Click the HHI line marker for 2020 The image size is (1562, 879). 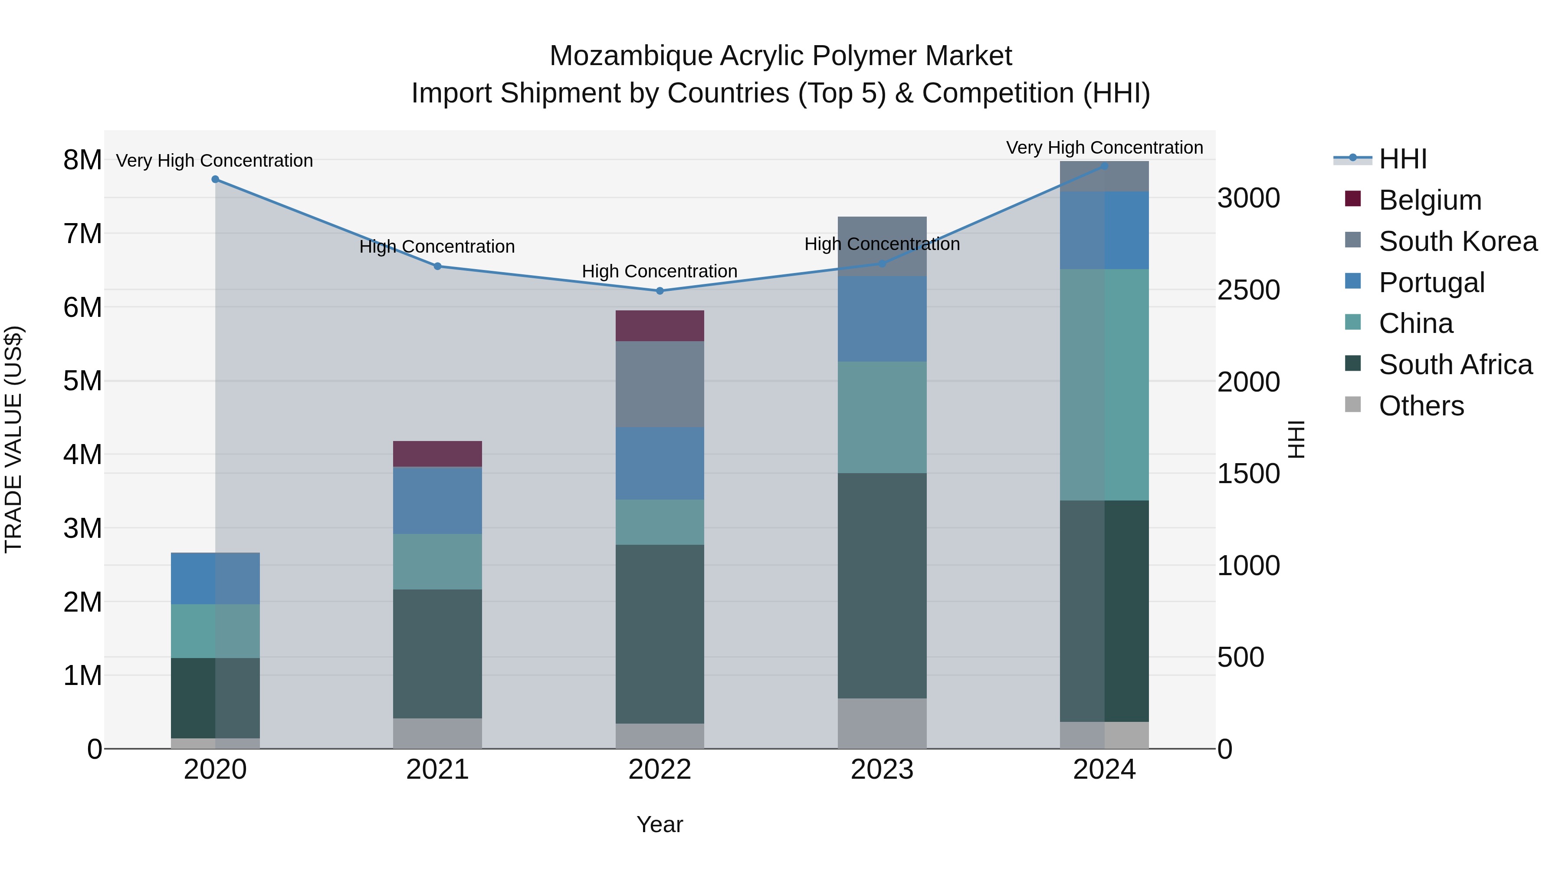(x=215, y=180)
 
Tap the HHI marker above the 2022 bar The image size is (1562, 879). (x=660, y=291)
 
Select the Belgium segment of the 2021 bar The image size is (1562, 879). (x=437, y=454)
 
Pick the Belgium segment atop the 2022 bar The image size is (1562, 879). (x=660, y=326)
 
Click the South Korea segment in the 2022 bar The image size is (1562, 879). (x=660, y=384)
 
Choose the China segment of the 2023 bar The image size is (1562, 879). (x=882, y=417)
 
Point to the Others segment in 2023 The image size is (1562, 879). (x=882, y=723)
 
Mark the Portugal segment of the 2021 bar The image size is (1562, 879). (x=437, y=500)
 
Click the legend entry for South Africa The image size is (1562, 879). (x=1455, y=365)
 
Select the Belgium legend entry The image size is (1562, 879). (x=1430, y=200)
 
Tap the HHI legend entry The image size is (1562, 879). (x=1402, y=159)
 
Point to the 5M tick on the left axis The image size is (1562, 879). (x=82, y=381)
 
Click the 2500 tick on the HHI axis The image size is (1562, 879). (x=1248, y=290)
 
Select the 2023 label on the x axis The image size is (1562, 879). (x=882, y=770)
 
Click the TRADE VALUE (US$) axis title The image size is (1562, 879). (x=13, y=439)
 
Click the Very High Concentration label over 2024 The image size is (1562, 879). (x=1104, y=148)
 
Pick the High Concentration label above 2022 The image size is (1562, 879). (x=660, y=271)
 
